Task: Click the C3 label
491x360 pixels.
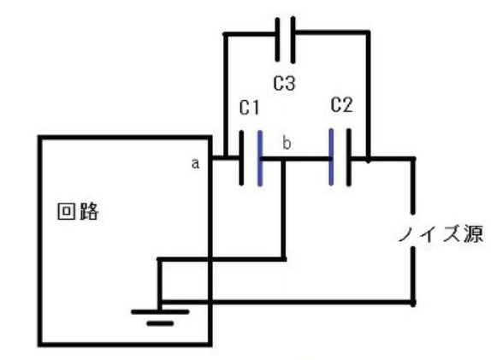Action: click(284, 84)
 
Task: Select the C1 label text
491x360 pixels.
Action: click(249, 108)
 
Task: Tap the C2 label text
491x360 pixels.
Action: click(341, 105)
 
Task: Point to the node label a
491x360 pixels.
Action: click(195, 163)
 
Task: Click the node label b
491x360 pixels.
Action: click(287, 143)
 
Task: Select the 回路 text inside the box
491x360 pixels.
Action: click(78, 211)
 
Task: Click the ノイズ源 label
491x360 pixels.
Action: click(441, 233)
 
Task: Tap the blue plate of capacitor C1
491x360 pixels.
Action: click(260, 158)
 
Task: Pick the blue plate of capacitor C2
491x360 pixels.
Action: click(331, 156)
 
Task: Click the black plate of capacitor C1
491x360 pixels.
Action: click(241, 158)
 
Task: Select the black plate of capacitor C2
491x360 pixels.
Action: click(349, 157)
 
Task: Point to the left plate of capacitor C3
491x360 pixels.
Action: click(277, 39)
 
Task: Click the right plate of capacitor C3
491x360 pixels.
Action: click(293, 39)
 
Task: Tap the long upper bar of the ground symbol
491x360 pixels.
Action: click(160, 312)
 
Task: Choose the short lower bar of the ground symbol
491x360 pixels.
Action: click(160, 323)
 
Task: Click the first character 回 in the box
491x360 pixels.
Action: click(67, 211)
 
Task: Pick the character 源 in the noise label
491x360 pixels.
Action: click(474, 233)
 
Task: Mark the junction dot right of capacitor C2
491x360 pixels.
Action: click(368, 160)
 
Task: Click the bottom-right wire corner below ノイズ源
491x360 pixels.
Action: click(413, 303)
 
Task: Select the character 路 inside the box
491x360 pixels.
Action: click(89, 211)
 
